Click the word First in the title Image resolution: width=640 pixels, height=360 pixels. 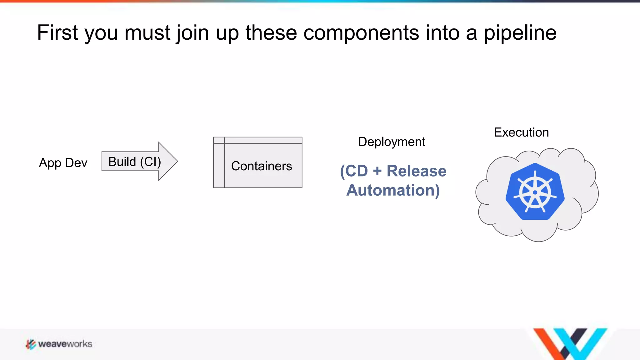pyautogui.click(x=57, y=33)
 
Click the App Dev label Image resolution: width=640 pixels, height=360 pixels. pyautogui.click(x=63, y=163)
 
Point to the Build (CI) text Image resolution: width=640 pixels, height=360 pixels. pyautogui.click(x=134, y=162)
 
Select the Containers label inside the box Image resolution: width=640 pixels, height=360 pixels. pyautogui.click(x=261, y=166)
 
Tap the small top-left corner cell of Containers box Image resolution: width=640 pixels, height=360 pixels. pyautogui.click(x=219, y=140)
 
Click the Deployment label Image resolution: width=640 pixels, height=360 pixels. pyautogui.click(x=391, y=142)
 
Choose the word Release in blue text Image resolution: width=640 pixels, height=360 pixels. pyautogui.click(x=416, y=171)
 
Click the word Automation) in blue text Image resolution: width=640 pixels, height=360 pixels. pyautogui.click(x=393, y=190)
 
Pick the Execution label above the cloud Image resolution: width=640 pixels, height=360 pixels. pyautogui.click(x=521, y=132)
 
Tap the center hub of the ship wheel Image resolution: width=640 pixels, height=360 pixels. pyautogui.click(x=535, y=192)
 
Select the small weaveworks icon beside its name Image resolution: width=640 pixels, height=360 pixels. pyautogui.click(x=31, y=344)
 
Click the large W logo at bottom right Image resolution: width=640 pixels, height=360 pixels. pyautogui.click(x=570, y=343)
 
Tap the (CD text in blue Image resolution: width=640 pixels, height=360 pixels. pyautogui.click(x=354, y=171)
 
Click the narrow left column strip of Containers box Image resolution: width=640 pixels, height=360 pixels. pyautogui.click(x=219, y=166)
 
